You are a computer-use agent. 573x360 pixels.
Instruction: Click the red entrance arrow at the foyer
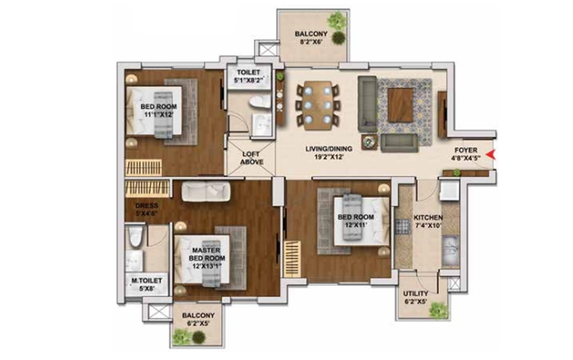click(490, 154)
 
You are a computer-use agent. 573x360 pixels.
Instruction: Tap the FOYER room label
click(466, 150)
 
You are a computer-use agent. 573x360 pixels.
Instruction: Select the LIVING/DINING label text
click(329, 148)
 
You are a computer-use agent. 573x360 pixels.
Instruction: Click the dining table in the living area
click(318, 105)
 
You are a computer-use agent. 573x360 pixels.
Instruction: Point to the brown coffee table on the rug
click(400, 105)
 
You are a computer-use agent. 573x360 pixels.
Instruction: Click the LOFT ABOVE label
click(251, 158)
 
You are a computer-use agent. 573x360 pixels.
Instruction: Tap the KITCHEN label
click(428, 217)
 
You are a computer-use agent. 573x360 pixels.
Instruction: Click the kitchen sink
click(450, 251)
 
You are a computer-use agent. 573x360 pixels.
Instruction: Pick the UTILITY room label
click(416, 293)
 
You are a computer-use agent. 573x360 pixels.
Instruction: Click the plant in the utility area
click(438, 311)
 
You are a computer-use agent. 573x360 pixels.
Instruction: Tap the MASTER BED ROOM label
click(206, 254)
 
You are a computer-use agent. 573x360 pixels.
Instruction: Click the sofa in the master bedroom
click(206, 191)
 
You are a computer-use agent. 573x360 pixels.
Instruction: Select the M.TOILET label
click(146, 281)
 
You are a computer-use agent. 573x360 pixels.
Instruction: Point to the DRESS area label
click(146, 206)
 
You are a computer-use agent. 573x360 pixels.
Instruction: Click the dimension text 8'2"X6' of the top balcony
click(311, 42)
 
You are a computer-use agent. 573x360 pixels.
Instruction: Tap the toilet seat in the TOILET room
click(260, 101)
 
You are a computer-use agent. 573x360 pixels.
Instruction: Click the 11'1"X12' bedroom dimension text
click(158, 115)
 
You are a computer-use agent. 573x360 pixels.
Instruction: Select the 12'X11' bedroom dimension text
click(356, 225)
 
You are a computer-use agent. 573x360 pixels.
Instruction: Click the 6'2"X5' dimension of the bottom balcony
click(198, 323)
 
